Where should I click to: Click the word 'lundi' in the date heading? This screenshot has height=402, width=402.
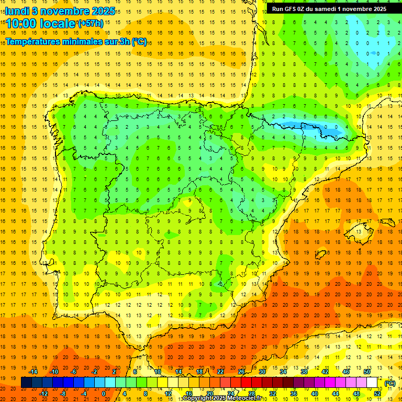(17, 10)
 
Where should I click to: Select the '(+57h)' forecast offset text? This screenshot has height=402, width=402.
(91, 23)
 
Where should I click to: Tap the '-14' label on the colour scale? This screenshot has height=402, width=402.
(33, 372)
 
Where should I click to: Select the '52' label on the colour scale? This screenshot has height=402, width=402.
(377, 394)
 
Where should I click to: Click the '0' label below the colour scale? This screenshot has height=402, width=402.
(103, 394)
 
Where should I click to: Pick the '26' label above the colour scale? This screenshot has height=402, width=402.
(241, 372)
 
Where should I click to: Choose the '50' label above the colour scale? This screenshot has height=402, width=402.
(367, 372)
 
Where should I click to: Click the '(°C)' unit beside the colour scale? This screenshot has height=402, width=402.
(389, 383)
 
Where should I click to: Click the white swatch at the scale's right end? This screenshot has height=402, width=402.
(372, 383)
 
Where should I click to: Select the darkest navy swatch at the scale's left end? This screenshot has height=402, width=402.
(26, 383)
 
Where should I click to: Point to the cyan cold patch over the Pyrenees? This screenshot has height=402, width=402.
(314, 128)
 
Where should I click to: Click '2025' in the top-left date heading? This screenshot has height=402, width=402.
(101, 10)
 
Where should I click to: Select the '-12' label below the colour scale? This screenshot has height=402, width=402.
(44, 394)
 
